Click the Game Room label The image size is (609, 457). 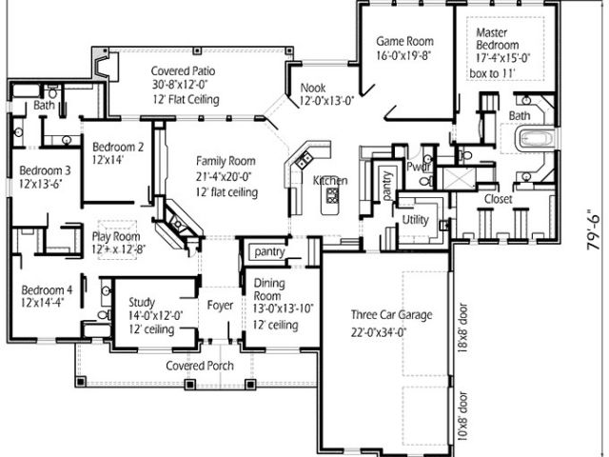[x=404, y=41]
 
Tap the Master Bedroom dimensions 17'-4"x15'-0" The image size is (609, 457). [x=503, y=58]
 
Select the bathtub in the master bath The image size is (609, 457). [x=536, y=138]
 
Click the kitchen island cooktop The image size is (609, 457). [x=332, y=194]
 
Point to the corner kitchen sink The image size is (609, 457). [x=304, y=160]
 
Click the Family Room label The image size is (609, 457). [x=226, y=161]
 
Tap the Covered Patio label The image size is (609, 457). [x=183, y=71]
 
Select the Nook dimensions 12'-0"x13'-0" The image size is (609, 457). [x=326, y=101]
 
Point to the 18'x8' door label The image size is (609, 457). [x=462, y=328]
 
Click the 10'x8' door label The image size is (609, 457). [x=462, y=416]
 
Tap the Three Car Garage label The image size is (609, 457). [x=391, y=314]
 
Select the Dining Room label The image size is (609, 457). [x=269, y=289]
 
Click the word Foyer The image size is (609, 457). [x=220, y=306]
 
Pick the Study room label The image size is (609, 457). [x=142, y=302]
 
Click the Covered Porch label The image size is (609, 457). [x=200, y=366]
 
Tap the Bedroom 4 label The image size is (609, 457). [x=47, y=289]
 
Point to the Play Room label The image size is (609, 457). [x=116, y=236]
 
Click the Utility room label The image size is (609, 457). [x=415, y=220]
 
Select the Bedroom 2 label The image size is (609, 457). [x=118, y=147]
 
